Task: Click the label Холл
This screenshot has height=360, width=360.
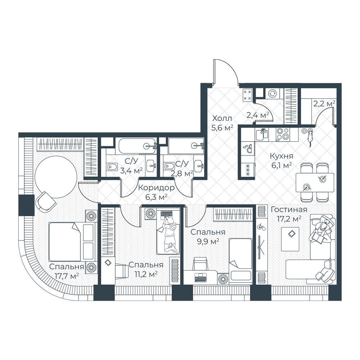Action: (x=222, y=118)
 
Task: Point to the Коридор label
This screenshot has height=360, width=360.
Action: (x=156, y=188)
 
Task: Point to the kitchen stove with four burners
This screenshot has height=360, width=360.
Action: (x=283, y=134)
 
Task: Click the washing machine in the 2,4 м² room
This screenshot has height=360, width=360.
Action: (x=273, y=94)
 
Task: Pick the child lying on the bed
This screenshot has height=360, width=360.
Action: (x=169, y=233)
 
